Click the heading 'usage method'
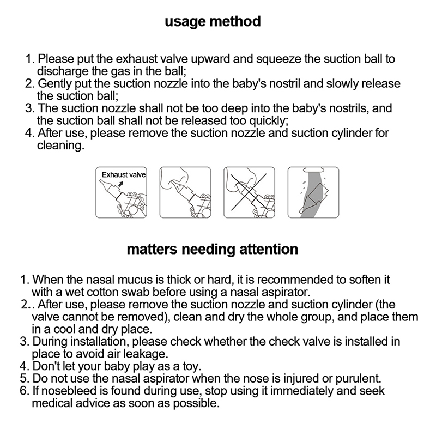click(213, 22)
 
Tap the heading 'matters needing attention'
click(213, 250)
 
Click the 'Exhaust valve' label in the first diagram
click(124, 175)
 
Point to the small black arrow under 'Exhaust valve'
click(120, 184)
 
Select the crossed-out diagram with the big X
click(249, 192)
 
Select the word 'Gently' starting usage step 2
click(55, 84)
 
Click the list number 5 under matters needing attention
click(22, 379)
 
